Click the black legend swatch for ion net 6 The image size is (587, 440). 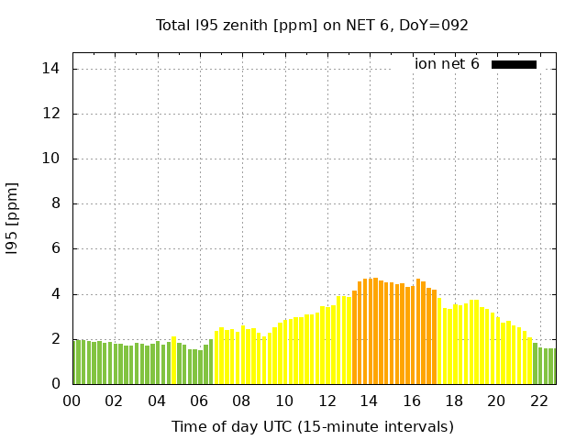tap(514, 64)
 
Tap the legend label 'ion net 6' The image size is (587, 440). tap(447, 64)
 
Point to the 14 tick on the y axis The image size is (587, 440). tap(51, 69)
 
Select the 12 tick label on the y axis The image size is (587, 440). tap(51, 114)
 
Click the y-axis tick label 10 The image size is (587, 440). tap(51, 159)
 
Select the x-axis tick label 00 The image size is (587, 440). tap(72, 401)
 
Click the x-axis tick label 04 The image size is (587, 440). tap(156, 401)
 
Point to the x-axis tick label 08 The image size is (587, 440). tap(241, 401)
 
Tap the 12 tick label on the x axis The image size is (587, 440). tap(327, 401)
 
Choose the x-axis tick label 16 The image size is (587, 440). tap(412, 401)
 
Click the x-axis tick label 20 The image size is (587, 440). tap(496, 401)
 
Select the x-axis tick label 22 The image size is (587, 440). tap(539, 401)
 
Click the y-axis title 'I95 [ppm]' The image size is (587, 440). tap(13, 218)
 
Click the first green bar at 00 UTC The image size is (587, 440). tap(74, 362)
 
